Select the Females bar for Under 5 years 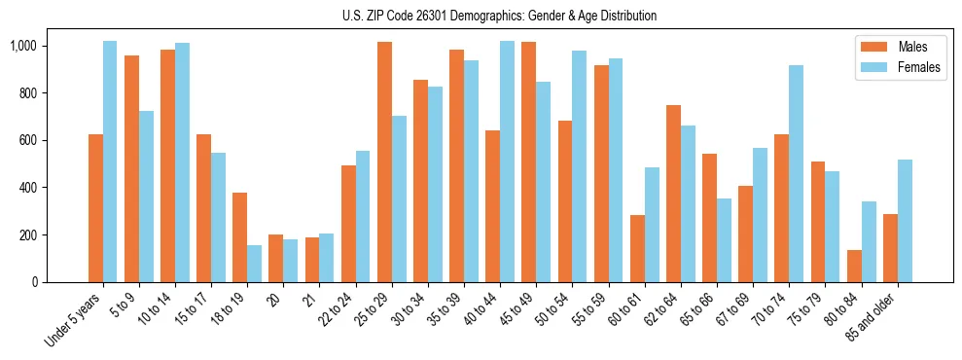[x=110, y=162]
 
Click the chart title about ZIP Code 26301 [x=500, y=16]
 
